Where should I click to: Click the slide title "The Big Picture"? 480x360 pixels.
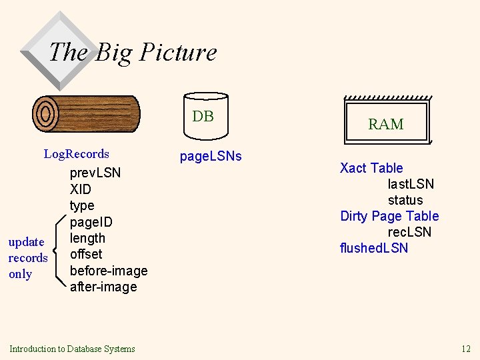133,52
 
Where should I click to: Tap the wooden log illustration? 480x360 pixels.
86,114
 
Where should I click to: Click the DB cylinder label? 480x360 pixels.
203,117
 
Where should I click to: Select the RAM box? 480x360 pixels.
386,123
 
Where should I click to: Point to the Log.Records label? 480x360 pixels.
77,154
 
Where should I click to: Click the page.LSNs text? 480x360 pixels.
211,157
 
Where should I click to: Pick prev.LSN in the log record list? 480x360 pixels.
95,173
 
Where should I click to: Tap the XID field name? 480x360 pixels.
81,189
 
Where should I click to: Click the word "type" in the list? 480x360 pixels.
82,205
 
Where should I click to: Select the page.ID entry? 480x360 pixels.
91,222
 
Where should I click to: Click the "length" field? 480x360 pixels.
87,238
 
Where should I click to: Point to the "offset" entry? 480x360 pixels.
86,254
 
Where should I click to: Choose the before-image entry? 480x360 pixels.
108,271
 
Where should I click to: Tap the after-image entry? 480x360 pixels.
103,287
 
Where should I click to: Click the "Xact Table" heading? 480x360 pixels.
371,168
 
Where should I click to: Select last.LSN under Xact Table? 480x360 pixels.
411,184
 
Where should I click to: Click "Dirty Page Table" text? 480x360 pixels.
389,216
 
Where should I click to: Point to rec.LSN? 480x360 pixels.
409,232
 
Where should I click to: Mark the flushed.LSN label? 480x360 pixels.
374,248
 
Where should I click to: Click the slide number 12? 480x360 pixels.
465,349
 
